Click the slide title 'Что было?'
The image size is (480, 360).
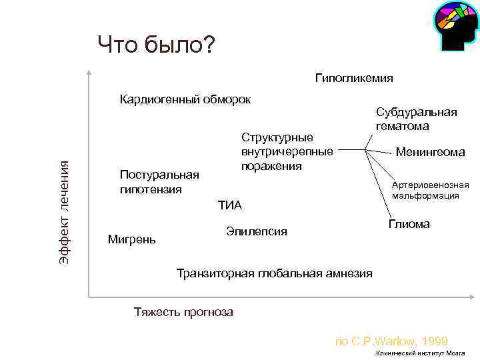[x=156, y=45]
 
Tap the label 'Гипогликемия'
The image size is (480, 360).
[x=354, y=78]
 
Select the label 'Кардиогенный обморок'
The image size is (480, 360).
[x=185, y=100]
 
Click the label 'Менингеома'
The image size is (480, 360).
[x=430, y=153]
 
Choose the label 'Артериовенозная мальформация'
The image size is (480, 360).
[x=430, y=190]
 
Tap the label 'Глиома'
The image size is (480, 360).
[x=409, y=224]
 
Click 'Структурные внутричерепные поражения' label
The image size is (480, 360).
[x=287, y=151]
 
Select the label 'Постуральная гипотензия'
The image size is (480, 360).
[x=159, y=182]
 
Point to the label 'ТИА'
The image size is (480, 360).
[x=229, y=205]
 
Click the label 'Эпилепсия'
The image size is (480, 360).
[x=256, y=231]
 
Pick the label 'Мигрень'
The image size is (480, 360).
[x=131, y=239]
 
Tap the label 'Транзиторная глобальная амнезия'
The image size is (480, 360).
[x=273, y=273]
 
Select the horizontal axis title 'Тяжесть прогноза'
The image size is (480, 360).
[x=183, y=311]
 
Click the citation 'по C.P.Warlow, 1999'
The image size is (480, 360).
[x=391, y=341]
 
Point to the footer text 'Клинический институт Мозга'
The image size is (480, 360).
[x=420, y=353]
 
